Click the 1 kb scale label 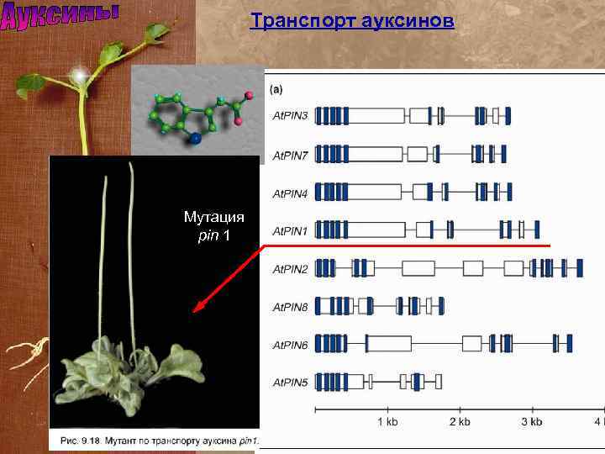coord(387,422)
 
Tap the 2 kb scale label coord(460,422)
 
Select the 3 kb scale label coord(531,422)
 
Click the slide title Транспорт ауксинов coord(352,20)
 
